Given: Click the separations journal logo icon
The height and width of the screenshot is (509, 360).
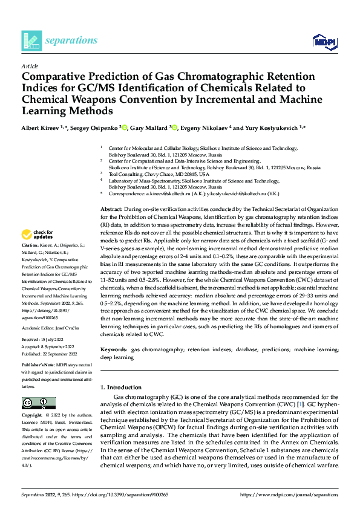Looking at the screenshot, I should [31, 41].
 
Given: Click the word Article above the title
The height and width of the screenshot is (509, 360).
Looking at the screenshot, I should [30, 66].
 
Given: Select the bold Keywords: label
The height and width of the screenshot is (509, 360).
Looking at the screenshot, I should [114, 350].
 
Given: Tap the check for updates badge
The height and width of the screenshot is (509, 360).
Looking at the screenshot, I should [38, 235].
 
